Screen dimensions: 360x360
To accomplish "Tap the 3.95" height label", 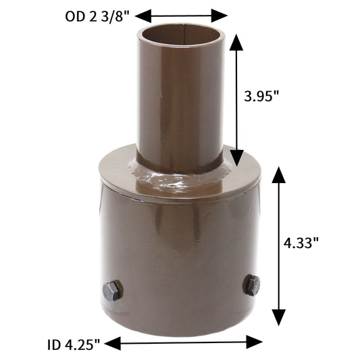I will click(x=262, y=96).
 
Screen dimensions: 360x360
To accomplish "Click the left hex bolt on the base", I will click(x=112, y=291).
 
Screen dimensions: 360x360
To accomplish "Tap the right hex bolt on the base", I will click(x=252, y=285).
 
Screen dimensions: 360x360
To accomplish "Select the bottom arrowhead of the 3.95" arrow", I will click(x=236, y=158).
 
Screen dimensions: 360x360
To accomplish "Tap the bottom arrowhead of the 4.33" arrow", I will click(x=278, y=317).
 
